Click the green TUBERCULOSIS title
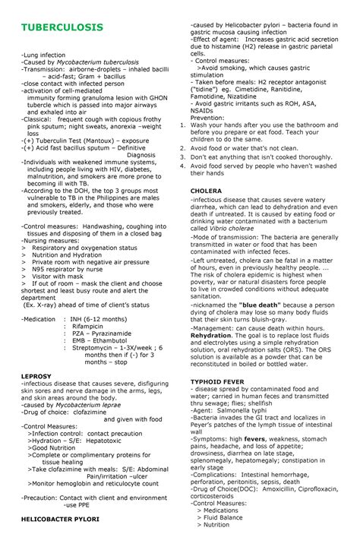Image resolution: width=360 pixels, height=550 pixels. pyautogui.click(x=62, y=27)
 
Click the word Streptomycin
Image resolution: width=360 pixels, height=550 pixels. pyautogui.click(x=95, y=347)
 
